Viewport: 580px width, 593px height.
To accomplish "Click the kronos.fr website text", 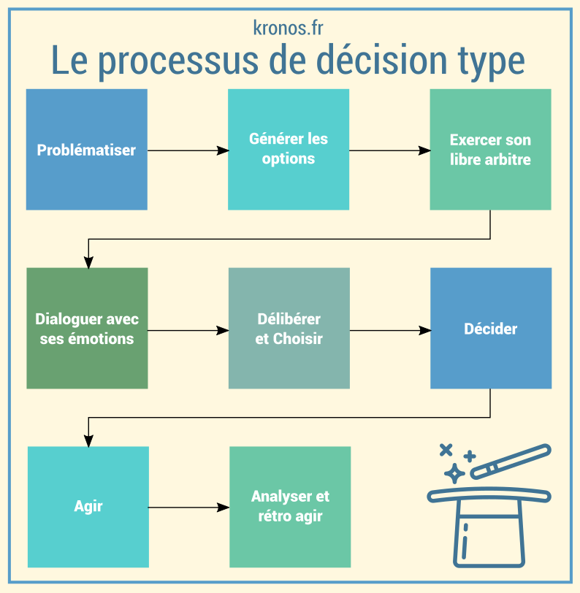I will pyautogui.click(x=288, y=28).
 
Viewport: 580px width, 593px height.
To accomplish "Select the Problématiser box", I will pyautogui.click(x=86, y=150).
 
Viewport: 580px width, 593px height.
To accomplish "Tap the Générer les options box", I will pyautogui.click(x=288, y=149).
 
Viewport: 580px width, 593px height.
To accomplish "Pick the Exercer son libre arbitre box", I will pyautogui.click(x=490, y=150).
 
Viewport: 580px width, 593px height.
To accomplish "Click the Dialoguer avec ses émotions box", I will pyautogui.click(x=87, y=329).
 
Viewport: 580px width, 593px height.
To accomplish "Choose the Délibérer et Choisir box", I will pyautogui.click(x=289, y=329).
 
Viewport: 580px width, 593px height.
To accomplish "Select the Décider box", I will pyautogui.click(x=490, y=329).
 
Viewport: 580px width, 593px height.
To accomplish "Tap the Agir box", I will pyautogui.click(x=88, y=506).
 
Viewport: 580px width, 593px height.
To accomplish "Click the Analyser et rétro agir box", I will pyautogui.click(x=290, y=506).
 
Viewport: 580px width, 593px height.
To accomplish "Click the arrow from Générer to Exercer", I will pyautogui.click(x=389, y=150).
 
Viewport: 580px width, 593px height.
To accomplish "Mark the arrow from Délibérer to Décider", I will pyautogui.click(x=389, y=330).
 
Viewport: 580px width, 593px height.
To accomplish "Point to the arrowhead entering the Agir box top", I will pyautogui.click(x=88, y=440).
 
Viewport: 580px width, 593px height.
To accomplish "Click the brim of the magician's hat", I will pyautogui.click(x=489, y=496).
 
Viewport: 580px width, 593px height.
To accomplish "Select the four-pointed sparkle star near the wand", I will pyautogui.click(x=454, y=473).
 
